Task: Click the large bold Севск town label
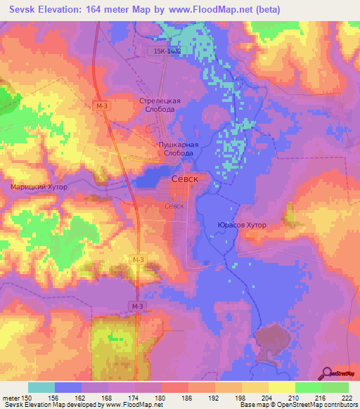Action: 184,180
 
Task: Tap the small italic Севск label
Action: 174,206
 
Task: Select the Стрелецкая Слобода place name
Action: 160,105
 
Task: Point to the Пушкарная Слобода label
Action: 177,148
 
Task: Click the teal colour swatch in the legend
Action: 41,387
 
